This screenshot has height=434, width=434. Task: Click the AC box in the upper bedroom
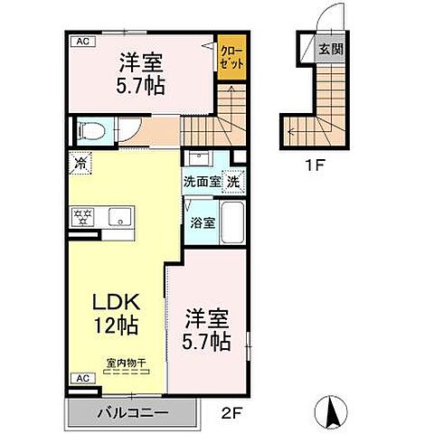(81, 42)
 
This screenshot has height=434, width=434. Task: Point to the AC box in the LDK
(81, 378)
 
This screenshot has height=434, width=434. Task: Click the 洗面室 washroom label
(203, 182)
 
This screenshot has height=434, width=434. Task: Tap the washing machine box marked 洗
(232, 181)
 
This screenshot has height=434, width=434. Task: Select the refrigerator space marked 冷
(81, 165)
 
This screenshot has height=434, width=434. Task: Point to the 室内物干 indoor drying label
(127, 363)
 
